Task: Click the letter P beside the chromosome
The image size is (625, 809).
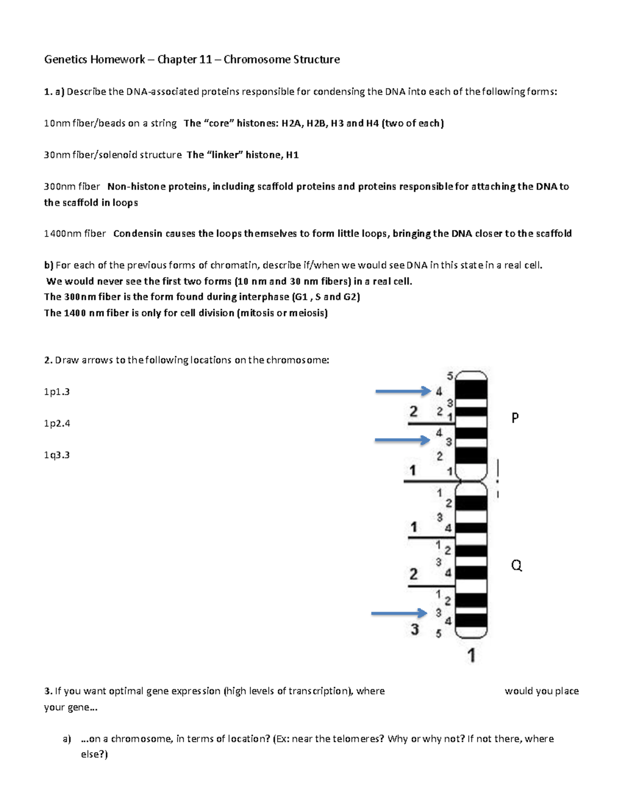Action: pyautogui.click(x=515, y=418)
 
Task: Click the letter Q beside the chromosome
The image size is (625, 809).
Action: pyautogui.click(x=516, y=565)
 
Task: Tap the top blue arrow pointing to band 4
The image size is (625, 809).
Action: pyautogui.click(x=403, y=391)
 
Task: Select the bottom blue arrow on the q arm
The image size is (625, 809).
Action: pyautogui.click(x=398, y=613)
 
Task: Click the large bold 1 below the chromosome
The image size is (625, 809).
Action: pyautogui.click(x=471, y=655)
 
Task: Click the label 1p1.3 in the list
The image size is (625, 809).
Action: pyautogui.click(x=57, y=392)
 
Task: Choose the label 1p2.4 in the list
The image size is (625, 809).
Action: pyautogui.click(x=57, y=424)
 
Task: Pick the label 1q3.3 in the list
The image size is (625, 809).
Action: pyautogui.click(x=57, y=455)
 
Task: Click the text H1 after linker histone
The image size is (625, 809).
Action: pyautogui.click(x=292, y=155)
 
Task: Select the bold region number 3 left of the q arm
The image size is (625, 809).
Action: pyautogui.click(x=415, y=629)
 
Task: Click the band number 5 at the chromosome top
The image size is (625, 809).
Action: pyautogui.click(x=450, y=376)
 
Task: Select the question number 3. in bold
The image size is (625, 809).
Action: pyautogui.click(x=48, y=691)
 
